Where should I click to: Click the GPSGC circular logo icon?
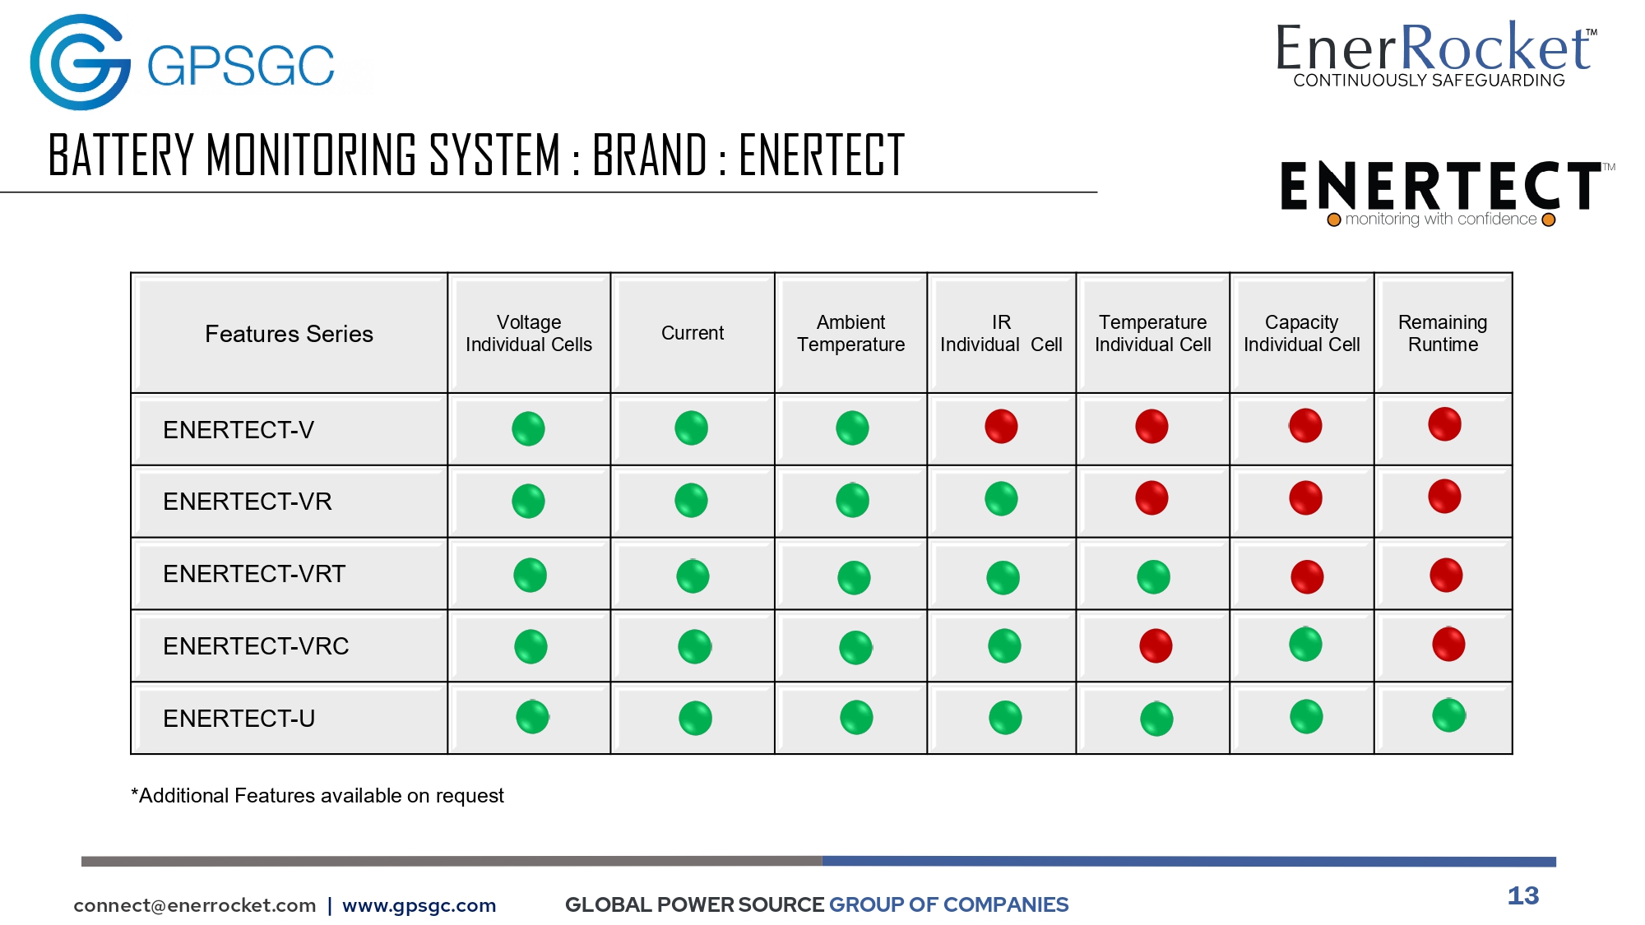click(80, 62)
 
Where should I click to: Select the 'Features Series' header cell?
click(289, 334)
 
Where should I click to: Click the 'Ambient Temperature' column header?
click(851, 333)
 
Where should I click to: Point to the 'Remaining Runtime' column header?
click(1443, 333)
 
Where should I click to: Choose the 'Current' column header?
click(693, 333)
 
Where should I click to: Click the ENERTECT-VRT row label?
click(254, 574)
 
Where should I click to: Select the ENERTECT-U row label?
click(239, 719)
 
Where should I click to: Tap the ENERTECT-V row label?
click(239, 430)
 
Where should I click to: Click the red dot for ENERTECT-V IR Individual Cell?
click(1001, 426)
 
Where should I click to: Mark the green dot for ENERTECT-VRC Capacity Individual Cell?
click(1305, 644)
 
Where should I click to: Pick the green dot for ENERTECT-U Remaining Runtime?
click(1448, 715)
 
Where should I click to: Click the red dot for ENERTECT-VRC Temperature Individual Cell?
click(1156, 645)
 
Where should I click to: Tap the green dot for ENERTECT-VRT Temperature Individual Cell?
click(1153, 576)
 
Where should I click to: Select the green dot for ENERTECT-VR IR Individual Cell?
click(1001, 499)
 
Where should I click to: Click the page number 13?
click(1523, 895)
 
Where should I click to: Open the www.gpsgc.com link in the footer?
click(419, 905)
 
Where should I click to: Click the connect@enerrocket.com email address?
click(195, 905)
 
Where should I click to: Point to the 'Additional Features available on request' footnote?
click(317, 796)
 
